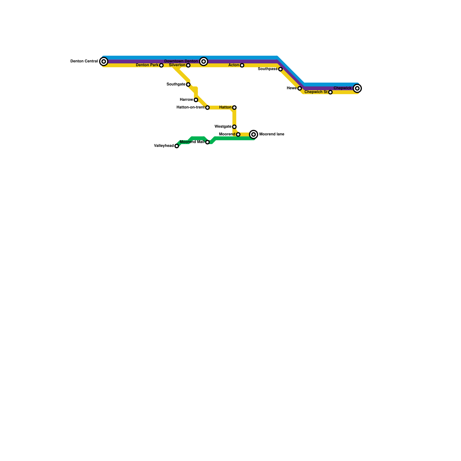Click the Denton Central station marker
(x=104, y=61)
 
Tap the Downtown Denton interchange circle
(x=204, y=61)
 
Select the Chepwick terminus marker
(x=357, y=88)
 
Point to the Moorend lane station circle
(x=254, y=134)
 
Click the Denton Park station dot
(x=161, y=65)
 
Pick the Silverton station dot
(x=188, y=65)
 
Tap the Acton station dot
(x=242, y=65)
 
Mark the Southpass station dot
(x=280, y=69)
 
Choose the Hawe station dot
(x=300, y=88)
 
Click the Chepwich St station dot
(x=330, y=92)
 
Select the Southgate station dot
(x=188, y=84)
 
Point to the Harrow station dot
(x=196, y=100)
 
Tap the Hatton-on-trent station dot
(x=207, y=107)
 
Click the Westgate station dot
(x=234, y=127)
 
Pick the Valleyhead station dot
(x=177, y=146)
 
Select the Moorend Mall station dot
(x=207, y=142)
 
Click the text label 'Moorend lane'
(x=272, y=134)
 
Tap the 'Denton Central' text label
(x=84, y=61)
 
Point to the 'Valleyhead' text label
(x=164, y=146)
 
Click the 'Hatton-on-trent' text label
(x=190, y=107)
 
